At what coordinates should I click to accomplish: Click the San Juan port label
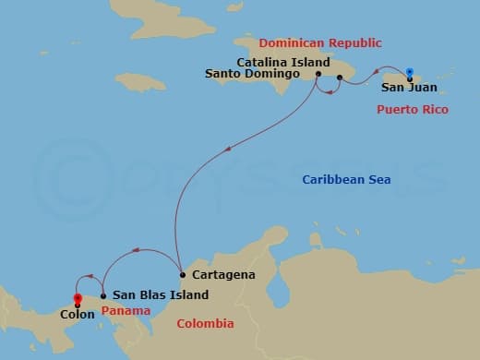click(x=409, y=89)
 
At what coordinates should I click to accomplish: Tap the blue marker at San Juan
click(x=409, y=72)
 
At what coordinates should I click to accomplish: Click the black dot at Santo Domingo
click(x=318, y=75)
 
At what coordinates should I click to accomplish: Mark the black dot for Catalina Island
click(x=340, y=78)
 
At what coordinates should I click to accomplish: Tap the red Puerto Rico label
click(x=413, y=109)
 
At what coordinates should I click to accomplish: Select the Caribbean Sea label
click(x=346, y=178)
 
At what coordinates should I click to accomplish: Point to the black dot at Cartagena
click(x=182, y=275)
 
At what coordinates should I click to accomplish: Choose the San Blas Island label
click(x=160, y=295)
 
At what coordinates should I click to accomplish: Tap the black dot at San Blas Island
click(x=102, y=295)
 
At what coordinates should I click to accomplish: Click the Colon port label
click(x=77, y=314)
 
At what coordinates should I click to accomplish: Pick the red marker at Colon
click(x=78, y=298)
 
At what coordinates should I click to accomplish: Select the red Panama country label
click(x=126, y=310)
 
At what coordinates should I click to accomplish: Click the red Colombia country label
click(x=205, y=323)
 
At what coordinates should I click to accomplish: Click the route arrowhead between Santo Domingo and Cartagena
click(x=227, y=145)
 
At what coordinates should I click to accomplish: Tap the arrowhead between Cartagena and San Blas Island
click(x=136, y=249)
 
